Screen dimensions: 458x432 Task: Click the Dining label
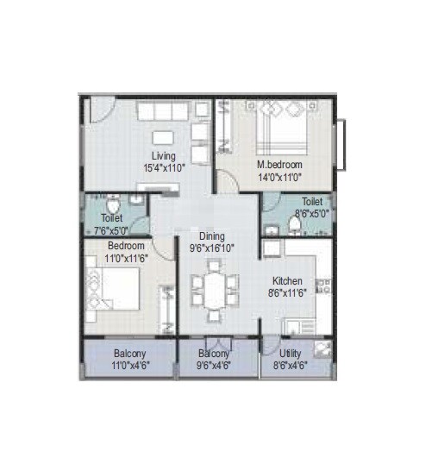coord(212,236)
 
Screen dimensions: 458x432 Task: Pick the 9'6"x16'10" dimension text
coord(212,248)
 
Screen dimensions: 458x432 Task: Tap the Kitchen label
coord(287,281)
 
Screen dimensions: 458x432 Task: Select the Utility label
coord(290,354)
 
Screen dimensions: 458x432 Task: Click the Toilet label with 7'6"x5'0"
coord(112,219)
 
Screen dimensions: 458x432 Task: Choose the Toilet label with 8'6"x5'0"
coord(311,200)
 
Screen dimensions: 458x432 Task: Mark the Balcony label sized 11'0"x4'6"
coord(129,354)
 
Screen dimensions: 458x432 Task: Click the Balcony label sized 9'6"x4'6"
coord(214,354)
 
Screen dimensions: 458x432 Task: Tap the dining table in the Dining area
coord(212,289)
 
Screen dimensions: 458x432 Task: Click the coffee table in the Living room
coord(164,138)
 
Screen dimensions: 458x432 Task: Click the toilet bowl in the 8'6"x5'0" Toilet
coord(294,226)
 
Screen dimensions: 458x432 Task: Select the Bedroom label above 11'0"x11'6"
coord(104,245)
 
